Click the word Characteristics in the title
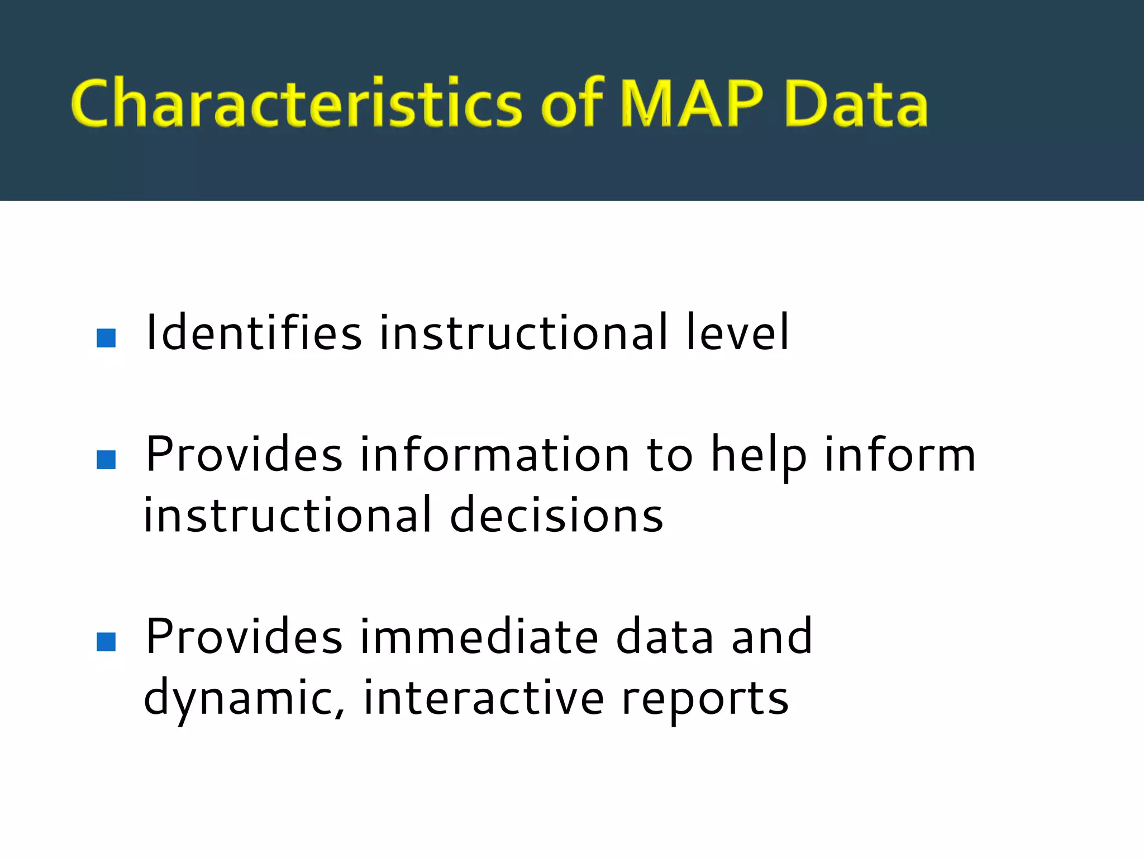tap(296, 104)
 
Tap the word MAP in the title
tap(692, 104)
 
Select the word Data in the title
tap(856, 104)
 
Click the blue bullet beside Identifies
tap(106, 338)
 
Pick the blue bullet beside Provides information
tap(106, 460)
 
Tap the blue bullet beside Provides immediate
tap(106, 642)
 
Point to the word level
tap(737, 333)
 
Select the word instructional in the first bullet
tap(523, 333)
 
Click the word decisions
tap(556, 516)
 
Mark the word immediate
tap(479, 637)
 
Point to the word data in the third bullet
tap(665, 637)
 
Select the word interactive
tap(484, 698)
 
